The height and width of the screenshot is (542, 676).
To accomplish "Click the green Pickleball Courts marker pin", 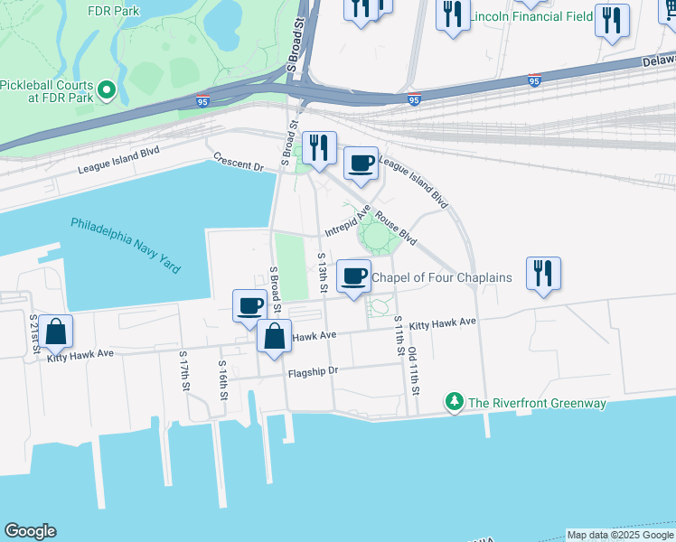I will pyautogui.click(x=107, y=89).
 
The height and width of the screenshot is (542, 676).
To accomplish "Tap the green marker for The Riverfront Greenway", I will pyautogui.click(x=454, y=402).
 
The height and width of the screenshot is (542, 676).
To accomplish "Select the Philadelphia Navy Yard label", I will pyautogui.click(x=125, y=245).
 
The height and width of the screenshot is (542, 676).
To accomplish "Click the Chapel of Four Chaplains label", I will pyautogui.click(x=442, y=277).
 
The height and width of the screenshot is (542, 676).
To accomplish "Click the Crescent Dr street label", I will pyautogui.click(x=239, y=162).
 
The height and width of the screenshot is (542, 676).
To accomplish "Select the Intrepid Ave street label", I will pyautogui.click(x=348, y=220).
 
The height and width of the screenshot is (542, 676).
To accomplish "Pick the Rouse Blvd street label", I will pyautogui.click(x=396, y=229).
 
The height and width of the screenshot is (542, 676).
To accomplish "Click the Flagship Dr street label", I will pyautogui.click(x=313, y=371).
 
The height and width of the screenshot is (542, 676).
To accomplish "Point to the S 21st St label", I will pyautogui.click(x=33, y=334).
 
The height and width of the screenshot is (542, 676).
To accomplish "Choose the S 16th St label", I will pyautogui.click(x=222, y=378).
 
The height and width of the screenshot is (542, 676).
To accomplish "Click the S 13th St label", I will pyautogui.click(x=322, y=274).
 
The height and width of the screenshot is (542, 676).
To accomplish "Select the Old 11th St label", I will pyautogui.click(x=413, y=371).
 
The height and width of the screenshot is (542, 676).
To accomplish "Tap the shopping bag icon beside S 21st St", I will pyautogui.click(x=56, y=332).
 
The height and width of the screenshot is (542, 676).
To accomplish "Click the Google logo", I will pyautogui.click(x=30, y=531).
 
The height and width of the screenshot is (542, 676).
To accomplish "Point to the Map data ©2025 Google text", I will pyautogui.click(x=619, y=535).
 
